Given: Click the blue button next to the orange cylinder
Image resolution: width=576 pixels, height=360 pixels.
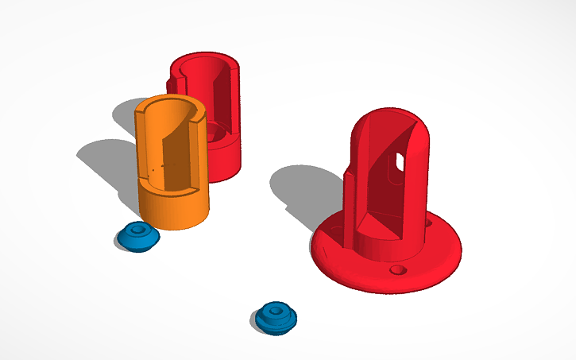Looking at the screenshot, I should point(138,237).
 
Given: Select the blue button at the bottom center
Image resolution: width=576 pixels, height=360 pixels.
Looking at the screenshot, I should point(276,317).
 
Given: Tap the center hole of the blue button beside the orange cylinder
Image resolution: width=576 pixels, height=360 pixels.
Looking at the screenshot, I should point(138,232).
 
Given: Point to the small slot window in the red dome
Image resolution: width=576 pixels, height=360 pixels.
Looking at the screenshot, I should point(400,162).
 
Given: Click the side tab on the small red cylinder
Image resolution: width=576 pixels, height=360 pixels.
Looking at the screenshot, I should point(171,83).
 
